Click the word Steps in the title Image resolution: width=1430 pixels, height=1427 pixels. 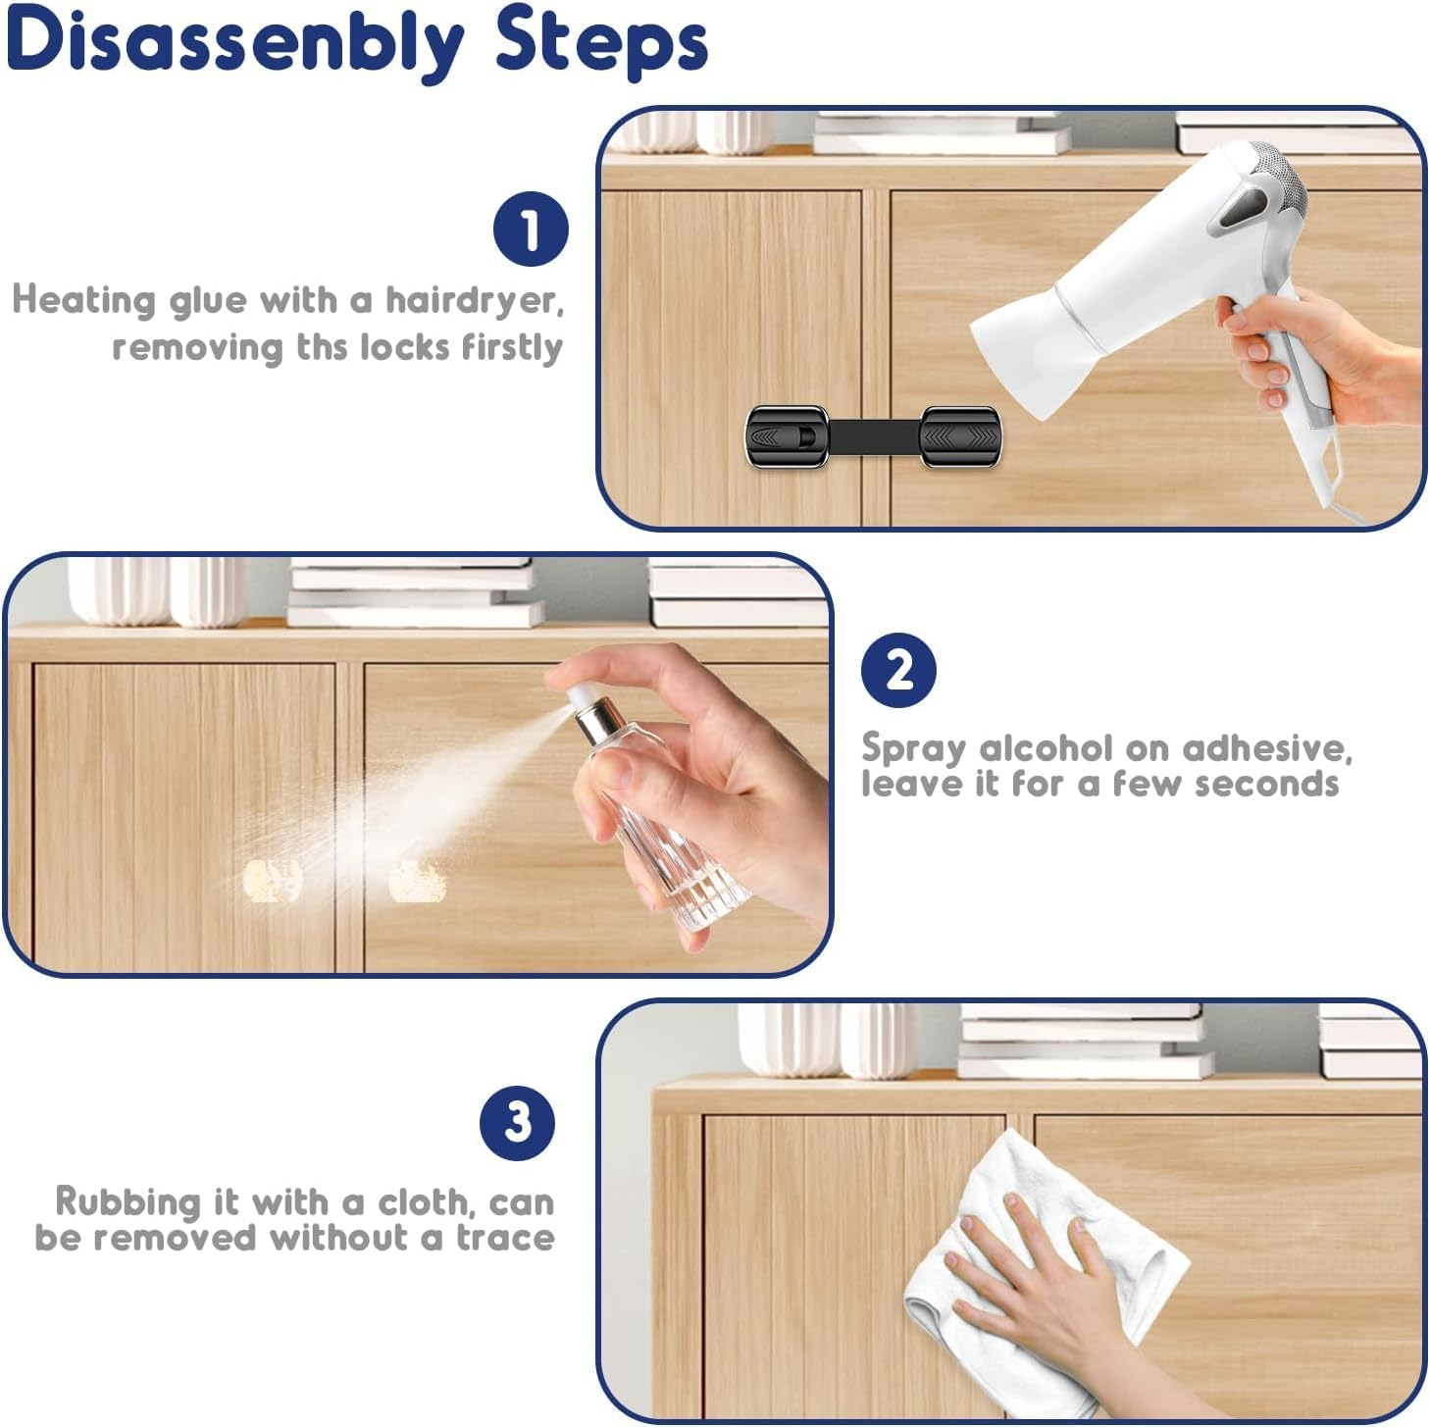pos(600,41)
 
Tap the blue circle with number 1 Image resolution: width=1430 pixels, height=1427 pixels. pos(531,229)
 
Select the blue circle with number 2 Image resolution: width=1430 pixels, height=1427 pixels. pos(898,671)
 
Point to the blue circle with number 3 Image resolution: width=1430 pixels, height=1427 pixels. pos(517,1122)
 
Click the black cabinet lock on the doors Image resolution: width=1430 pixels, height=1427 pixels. pos(873,434)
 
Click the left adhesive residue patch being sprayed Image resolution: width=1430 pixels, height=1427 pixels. pos(272,880)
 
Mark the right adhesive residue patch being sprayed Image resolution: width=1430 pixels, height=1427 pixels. pos(417,880)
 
